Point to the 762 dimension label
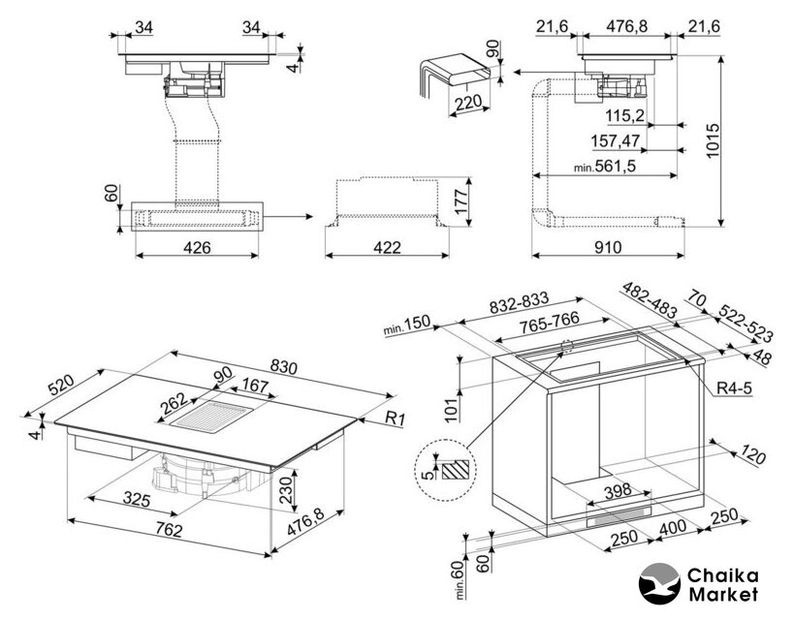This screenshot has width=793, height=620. pos(168,529)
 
